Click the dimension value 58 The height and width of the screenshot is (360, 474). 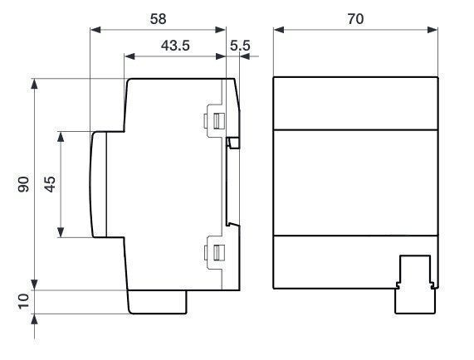[158, 19]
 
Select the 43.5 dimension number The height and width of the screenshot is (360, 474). [175, 46]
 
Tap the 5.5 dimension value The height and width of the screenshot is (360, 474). [240, 46]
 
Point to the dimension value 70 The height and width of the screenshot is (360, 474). [355, 19]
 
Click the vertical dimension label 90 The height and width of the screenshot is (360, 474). [23, 184]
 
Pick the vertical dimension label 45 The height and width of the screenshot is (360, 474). [50, 184]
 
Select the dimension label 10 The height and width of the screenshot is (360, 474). [23, 301]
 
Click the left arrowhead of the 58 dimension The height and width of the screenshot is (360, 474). [95, 30]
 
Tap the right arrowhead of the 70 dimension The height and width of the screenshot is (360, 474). [432, 30]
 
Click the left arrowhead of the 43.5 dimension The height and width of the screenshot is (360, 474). [129, 56]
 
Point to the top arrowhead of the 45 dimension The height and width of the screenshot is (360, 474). [61, 137]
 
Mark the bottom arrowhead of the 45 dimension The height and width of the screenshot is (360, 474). [61, 232]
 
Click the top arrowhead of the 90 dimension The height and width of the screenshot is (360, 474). [35, 84]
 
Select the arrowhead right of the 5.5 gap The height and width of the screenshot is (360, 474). [245, 56]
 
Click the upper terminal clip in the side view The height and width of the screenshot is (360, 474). [215, 121]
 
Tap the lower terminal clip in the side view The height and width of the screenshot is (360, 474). [215, 252]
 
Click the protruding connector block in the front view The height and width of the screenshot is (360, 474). [416, 285]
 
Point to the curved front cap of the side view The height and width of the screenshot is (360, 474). [99, 184]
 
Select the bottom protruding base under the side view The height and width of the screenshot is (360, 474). [157, 302]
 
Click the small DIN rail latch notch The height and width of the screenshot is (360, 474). [233, 143]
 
